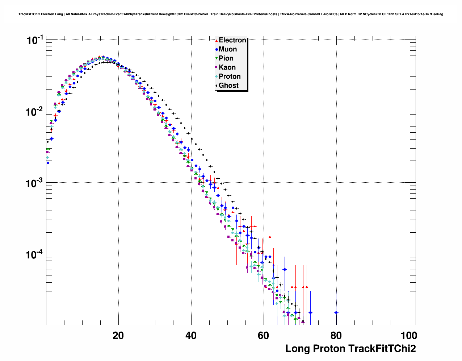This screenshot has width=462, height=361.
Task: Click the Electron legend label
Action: point(232,40)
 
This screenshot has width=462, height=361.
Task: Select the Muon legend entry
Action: point(228,49)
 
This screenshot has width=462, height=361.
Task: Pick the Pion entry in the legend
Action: point(226,58)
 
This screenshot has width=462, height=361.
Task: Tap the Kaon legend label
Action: point(227,67)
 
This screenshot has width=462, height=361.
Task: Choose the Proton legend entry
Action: point(230,76)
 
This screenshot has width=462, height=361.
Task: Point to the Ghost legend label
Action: point(228,86)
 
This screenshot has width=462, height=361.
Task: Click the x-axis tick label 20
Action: point(118,335)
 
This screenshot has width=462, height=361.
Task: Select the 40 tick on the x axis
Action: point(191,335)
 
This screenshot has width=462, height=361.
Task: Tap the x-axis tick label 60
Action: point(264,335)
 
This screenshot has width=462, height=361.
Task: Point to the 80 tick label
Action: point(336,335)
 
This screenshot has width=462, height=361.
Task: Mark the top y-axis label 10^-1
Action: point(35,40)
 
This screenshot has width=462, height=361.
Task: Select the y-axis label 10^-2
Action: point(35,112)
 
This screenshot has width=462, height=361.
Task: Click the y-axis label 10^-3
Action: point(35,183)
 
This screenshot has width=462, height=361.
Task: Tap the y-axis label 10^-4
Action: point(35,254)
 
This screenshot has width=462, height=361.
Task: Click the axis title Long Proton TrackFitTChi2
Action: point(350,349)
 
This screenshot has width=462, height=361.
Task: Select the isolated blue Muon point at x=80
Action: point(336,312)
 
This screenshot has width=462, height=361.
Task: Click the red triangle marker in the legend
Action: point(217,40)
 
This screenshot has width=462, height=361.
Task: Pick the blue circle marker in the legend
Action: point(217,49)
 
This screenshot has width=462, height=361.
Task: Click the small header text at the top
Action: point(231,14)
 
